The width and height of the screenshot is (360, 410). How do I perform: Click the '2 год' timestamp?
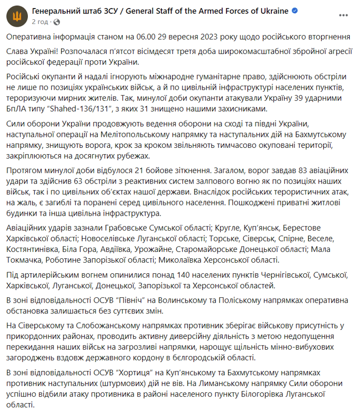[41, 22]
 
